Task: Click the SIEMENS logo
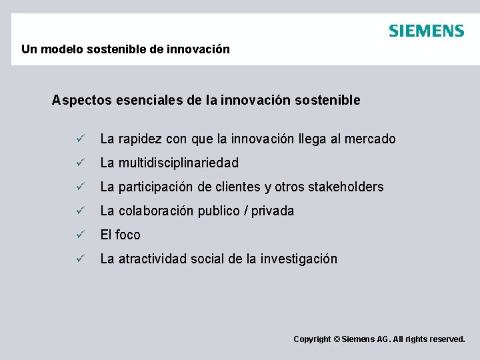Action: pyautogui.click(x=426, y=31)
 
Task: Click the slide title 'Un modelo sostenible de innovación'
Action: pyautogui.click(x=125, y=49)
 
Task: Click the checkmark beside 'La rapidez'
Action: pyautogui.click(x=79, y=139)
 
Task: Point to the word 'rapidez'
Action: pyautogui.click(x=140, y=139)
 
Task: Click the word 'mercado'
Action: pyautogui.click(x=371, y=139)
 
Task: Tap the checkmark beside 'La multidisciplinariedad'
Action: pyautogui.click(x=79, y=163)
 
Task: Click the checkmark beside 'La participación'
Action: pyautogui.click(x=79, y=187)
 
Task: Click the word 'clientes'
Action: pyautogui.click(x=239, y=187)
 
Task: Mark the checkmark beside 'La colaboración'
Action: pyautogui.click(x=79, y=211)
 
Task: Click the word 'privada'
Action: pyautogui.click(x=273, y=211)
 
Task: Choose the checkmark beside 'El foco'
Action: pyautogui.click(x=79, y=235)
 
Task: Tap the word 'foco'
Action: pyautogui.click(x=128, y=235)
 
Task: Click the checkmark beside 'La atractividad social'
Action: pyautogui.click(x=79, y=259)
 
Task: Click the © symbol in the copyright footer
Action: pyautogui.click(x=336, y=339)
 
